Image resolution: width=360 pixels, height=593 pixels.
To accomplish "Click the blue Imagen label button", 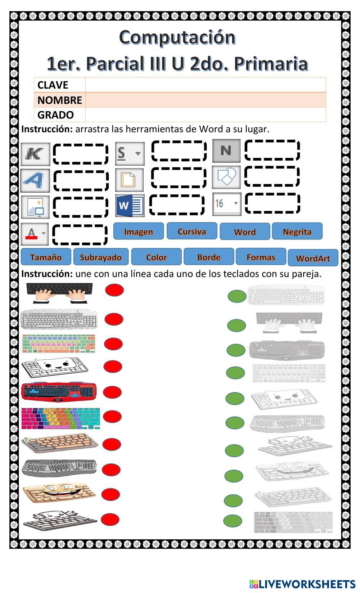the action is (x=139, y=231).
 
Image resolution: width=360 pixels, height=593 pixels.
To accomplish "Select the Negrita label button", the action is (x=297, y=231).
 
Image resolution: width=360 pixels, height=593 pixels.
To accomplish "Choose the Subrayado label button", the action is (x=101, y=257).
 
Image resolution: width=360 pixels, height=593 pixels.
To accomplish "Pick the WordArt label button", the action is (x=313, y=257).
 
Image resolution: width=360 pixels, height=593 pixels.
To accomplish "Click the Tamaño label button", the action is (x=46, y=257).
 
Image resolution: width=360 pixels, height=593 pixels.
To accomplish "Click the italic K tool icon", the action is (x=36, y=154).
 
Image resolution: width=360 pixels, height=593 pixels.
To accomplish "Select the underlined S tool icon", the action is (x=130, y=153).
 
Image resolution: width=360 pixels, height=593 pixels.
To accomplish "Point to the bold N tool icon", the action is (x=226, y=151).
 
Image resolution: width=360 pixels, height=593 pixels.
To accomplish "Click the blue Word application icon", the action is (x=130, y=206).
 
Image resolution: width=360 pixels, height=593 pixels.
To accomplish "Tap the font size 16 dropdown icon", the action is (x=227, y=204).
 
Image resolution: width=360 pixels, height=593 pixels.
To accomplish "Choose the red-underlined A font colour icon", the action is (x=35, y=234).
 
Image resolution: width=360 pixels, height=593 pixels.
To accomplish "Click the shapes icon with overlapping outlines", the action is (x=226, y=177).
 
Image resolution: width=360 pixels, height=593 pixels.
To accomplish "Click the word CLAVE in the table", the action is (x=53, y=85).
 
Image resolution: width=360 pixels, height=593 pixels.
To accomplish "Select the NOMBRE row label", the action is (x=60, y=100).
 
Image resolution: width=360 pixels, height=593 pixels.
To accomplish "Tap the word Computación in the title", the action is (x=177, y=37).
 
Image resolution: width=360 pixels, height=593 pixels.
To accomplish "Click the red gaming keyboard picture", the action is (x=59, y=392).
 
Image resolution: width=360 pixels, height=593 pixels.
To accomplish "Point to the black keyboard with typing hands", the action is (x=59, y=293).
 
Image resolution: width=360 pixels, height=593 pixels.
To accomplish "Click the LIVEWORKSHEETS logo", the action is (x=302, y=584).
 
